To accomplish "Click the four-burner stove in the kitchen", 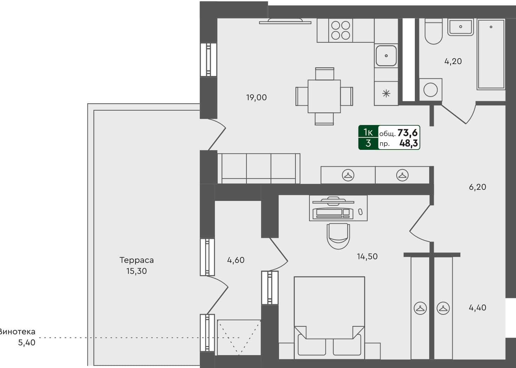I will point(341,30).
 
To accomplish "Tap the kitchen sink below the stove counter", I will point(386,56).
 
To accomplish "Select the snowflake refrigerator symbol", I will point(386,93).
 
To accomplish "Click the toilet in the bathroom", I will point(433,32).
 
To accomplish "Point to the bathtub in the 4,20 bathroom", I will point(491,54).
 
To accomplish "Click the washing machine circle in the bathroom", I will point(430,90).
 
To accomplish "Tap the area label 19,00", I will point(256,98).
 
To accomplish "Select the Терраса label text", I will point(137,260).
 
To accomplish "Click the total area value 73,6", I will point(407,133).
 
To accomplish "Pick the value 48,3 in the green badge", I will point(409,143).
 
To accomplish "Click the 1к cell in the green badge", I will point(368,132).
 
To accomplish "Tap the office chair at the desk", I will point(338,236).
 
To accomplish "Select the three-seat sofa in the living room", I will point(259,168).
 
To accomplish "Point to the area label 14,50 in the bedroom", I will point(367,257).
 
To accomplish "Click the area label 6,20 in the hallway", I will point(477,187).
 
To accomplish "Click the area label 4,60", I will point(236,260).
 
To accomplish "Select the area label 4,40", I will point(477,308).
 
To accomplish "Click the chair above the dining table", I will point(325,74).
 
